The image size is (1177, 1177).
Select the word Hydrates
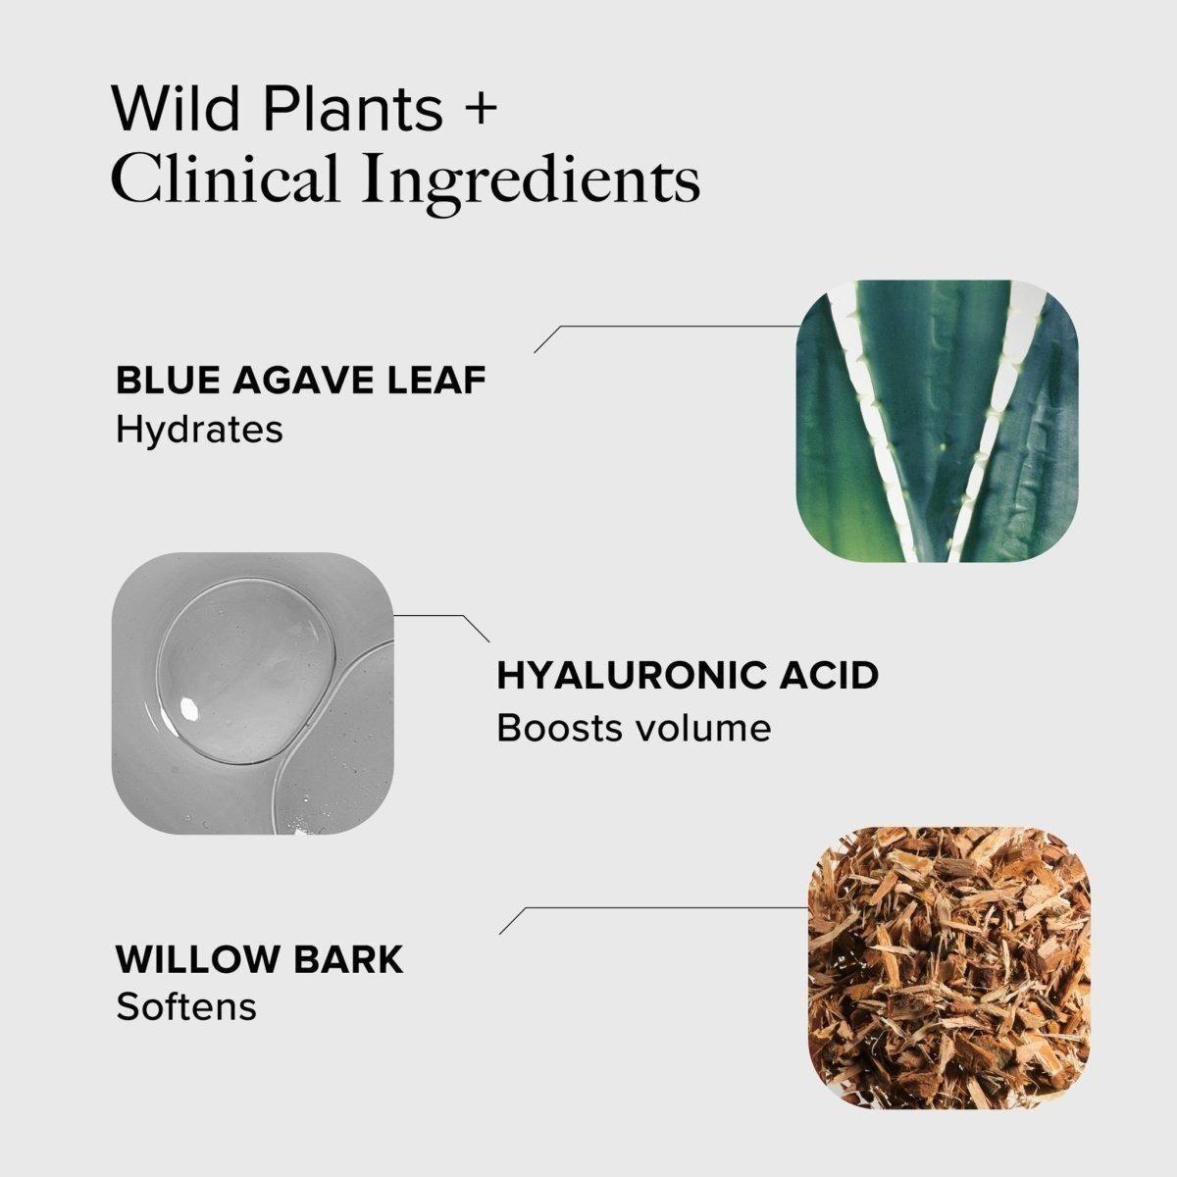pyautogui.click(x=199, y=430)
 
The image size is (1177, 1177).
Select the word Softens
pyautogui.click(x=186, y=1006)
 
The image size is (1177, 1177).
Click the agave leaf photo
pyautogui.click(x=937, y=421)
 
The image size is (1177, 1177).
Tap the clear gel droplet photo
pyautogui.click(x=254, y=693)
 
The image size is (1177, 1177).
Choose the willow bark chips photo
pyautogui.click(x=948, y=965)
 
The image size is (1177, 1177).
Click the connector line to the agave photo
pyautogui.click(x=677, y=326)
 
